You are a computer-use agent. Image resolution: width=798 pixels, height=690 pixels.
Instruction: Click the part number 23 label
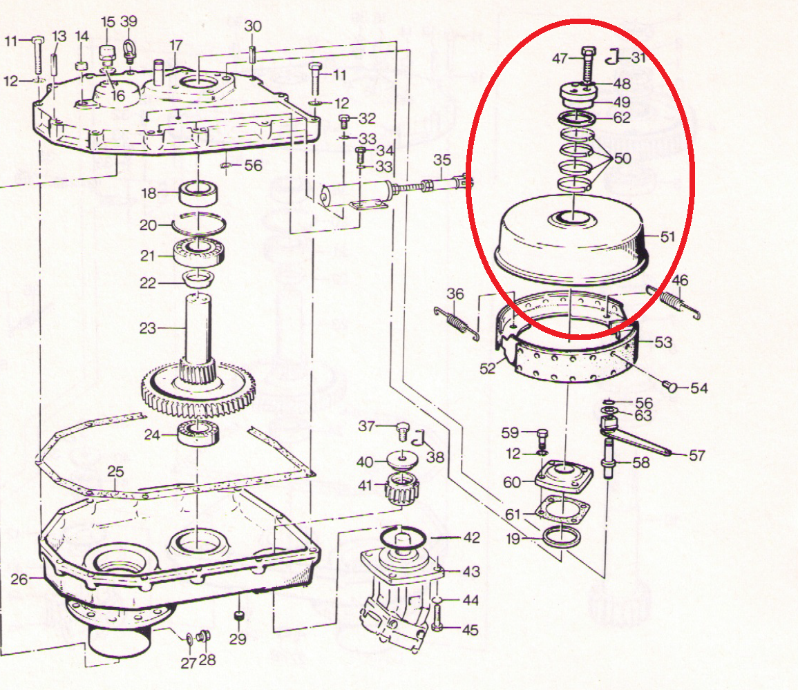[148, 328]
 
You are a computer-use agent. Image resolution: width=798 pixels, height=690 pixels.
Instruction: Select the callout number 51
[667, 237]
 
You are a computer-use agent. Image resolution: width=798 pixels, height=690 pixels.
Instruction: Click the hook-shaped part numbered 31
[614, 57]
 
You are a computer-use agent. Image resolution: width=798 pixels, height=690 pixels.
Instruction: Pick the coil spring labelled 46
[673, 303]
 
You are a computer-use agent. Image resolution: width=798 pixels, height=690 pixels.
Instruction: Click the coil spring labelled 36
[457, 323]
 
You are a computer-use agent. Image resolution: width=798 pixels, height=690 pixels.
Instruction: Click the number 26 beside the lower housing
[19, 579]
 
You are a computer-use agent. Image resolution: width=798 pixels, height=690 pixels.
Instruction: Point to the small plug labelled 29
[238, 616]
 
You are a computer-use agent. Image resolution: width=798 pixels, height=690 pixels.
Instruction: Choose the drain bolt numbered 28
[203, 635]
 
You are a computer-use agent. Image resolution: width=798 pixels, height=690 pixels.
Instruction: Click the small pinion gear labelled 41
[403, 488]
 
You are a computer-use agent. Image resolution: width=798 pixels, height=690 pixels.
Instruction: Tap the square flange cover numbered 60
[564, 476]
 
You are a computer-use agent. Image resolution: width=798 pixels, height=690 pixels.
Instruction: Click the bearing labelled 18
[199, 193]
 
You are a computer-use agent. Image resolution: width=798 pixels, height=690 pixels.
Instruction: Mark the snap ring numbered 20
[198, 224]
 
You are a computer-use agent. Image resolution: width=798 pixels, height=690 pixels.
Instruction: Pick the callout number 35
[441, 160]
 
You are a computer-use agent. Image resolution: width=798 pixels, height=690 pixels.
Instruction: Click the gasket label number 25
[115, 472]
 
